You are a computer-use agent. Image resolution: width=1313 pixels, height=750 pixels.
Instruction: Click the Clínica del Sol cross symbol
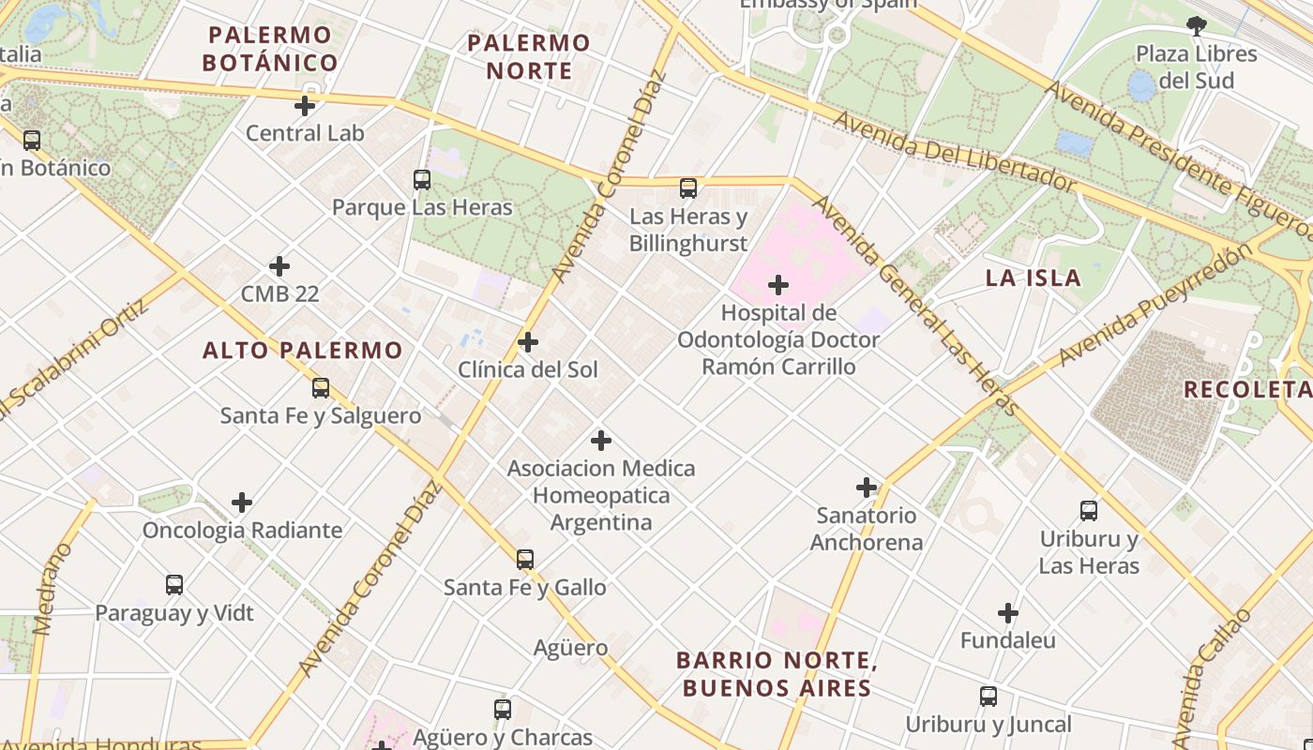point(528,342)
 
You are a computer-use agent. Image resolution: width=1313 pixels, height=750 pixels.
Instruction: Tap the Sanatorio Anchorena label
point(866,529)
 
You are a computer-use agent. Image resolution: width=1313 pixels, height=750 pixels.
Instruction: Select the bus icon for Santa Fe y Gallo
point(525,560)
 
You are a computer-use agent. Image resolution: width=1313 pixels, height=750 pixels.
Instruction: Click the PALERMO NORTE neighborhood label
point(529,56)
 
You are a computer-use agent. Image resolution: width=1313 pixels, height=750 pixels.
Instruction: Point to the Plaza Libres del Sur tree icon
point(1196,26)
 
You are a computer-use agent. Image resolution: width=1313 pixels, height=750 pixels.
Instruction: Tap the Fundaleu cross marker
point(1008,614)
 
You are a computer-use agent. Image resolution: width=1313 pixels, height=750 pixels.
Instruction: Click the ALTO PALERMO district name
point(303,351)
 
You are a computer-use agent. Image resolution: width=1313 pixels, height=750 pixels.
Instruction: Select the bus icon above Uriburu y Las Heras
point(1088,511)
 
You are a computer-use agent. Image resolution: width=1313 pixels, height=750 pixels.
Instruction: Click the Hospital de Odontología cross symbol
point(777,285)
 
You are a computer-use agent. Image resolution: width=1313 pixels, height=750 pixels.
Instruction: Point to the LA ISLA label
point(1033,277)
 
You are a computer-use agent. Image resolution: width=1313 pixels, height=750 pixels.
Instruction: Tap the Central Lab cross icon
point(305,106)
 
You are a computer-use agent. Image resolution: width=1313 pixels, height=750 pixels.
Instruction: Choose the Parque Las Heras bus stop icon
point(422,179)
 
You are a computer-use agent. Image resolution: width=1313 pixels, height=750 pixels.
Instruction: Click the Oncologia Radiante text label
point(242,531)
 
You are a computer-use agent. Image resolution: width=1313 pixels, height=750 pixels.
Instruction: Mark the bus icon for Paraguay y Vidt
point(174,585)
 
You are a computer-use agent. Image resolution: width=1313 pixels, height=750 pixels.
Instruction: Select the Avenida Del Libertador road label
point(954,153)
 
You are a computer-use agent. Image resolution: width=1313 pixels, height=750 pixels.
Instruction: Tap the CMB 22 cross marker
point(279,266)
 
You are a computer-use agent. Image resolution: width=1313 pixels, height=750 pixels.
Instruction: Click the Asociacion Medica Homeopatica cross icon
point(601,441)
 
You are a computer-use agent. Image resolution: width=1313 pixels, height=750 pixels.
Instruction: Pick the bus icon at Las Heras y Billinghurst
point(688,188)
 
